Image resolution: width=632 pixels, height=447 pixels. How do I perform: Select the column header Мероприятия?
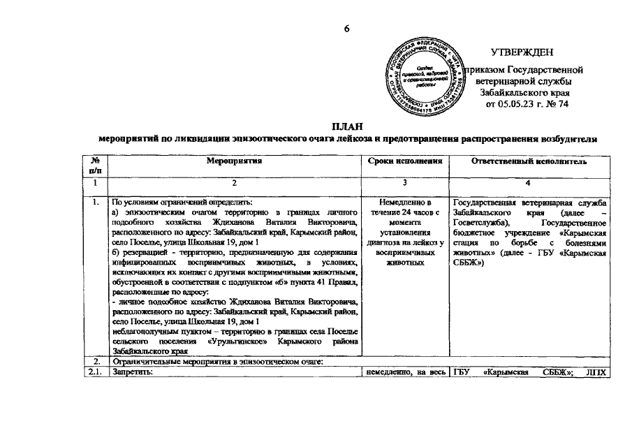coord(233,161)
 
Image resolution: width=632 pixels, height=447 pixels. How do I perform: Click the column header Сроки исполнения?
coord(406,161)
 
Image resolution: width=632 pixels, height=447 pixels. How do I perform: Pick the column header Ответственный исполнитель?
coord(529,161)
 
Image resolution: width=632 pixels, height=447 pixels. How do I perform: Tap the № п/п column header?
coord(96,166)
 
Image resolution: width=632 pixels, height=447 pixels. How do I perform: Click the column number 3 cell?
coord(406,183)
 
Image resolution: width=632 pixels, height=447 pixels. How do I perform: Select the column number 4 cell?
coord(529,183)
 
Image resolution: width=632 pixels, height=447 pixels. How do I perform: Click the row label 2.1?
coord(96,372)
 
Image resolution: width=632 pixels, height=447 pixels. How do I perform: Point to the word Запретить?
coord(132,372)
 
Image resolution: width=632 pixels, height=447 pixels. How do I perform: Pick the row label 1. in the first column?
coord(96,202)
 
